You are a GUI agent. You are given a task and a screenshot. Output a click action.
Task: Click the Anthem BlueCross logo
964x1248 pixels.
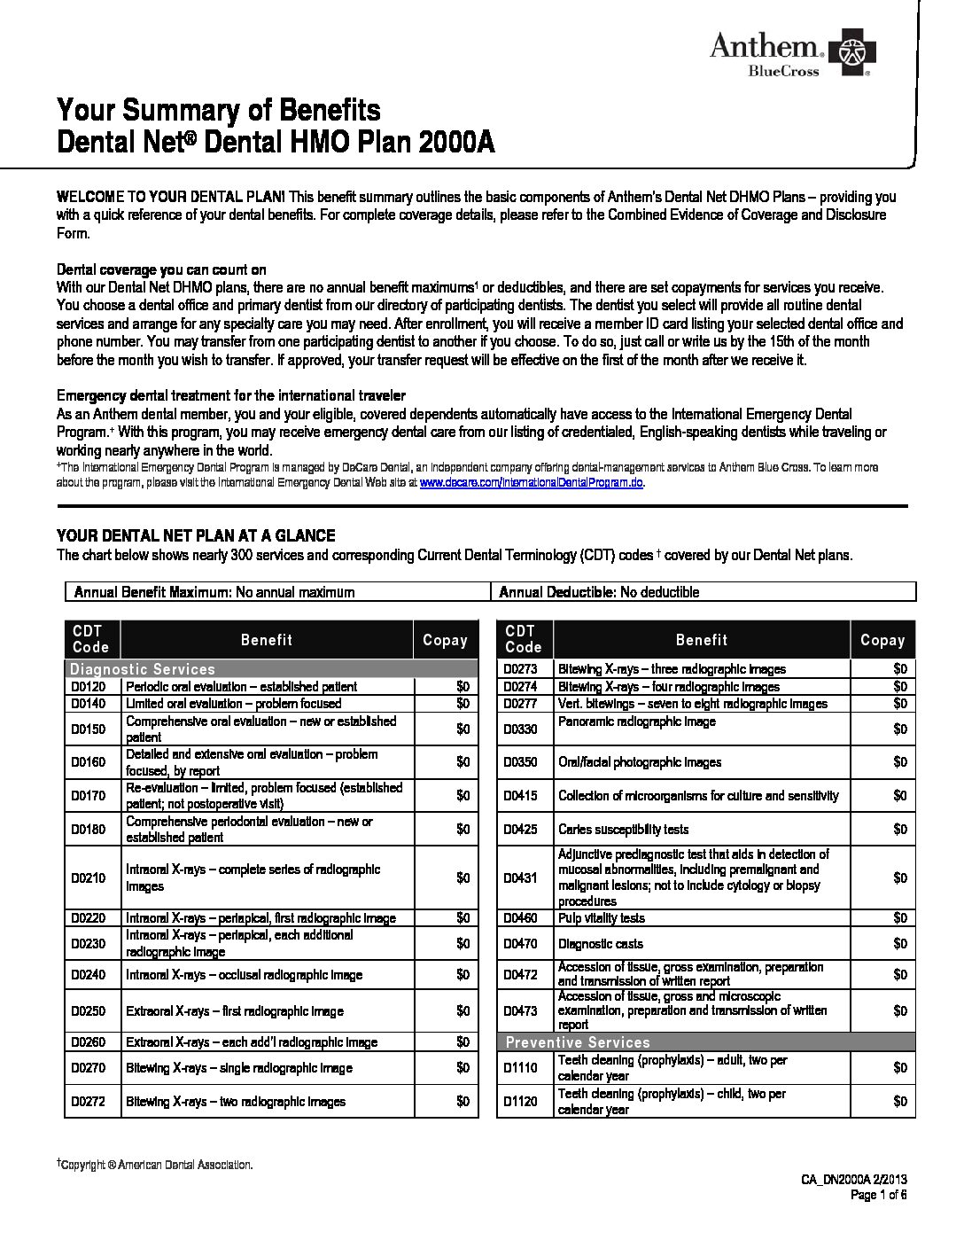[789, 55]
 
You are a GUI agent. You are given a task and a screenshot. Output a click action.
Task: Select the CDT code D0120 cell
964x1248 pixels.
[89, 686]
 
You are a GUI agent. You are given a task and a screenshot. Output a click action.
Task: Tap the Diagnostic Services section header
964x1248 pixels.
[143, 669]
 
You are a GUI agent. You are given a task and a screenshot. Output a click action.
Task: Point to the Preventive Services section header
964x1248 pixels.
[578, 1042]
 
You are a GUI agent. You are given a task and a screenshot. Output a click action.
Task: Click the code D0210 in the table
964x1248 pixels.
[89, 877]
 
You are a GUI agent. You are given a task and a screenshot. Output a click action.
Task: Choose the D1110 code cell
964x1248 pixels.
[521, 1068]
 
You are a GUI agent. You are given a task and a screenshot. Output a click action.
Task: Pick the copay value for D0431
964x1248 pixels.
[900, 877]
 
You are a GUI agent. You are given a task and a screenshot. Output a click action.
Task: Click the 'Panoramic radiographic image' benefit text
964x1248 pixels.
[637, 721]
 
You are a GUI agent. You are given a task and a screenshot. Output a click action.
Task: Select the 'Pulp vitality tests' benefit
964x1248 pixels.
[602, 918]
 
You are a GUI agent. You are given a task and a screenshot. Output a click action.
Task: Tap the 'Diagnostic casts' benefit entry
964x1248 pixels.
[601, 944]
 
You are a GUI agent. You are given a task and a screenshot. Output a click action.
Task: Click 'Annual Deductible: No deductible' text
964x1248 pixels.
[599, 592]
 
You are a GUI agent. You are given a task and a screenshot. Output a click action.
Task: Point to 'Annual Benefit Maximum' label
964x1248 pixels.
[152, 592]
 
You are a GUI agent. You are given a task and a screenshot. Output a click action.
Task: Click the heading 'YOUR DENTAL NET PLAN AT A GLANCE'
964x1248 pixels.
[196, 535]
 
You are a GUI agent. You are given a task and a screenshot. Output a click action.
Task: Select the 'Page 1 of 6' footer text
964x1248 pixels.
[878, 1195]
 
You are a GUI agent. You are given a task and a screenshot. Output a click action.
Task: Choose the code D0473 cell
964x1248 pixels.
[521, 1010]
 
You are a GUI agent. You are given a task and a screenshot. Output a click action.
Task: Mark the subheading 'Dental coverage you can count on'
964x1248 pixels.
[161, 269]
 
